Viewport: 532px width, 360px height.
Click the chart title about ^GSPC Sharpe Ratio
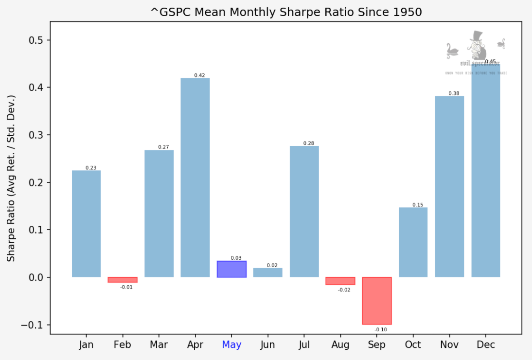(x=286, y=12)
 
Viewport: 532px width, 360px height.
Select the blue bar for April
(x=195, y=178)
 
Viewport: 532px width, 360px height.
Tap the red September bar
(x=376, y=301)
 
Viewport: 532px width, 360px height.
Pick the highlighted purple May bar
(x=231, y=269)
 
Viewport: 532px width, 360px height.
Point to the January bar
(x=86, y=224)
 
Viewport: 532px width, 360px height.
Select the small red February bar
(x=123, y=280)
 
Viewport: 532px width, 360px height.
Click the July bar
(x=304, y=212)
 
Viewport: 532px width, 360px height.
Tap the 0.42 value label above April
(x=199, y=75)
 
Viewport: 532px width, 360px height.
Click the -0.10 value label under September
(x=381, y=330)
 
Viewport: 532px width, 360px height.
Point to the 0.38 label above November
(x=454, y=93)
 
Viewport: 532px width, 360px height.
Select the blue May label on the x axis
(x=231, y=345)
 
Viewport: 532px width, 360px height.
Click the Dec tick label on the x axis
(x=486, y=345)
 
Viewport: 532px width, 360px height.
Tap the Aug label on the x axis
(x=340, y=345)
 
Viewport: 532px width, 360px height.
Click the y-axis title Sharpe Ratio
(x=11, y=178)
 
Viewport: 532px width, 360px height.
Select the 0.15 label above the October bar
(x=418, y=205)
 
